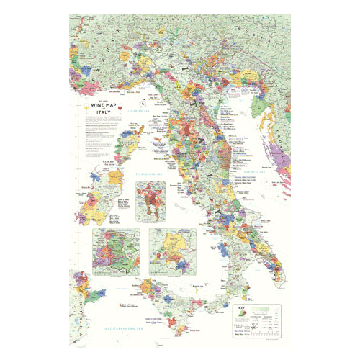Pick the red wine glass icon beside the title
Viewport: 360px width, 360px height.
(117, 109)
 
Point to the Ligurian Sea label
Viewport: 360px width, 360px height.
(135, 112)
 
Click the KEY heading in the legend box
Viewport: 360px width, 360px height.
(243, 309)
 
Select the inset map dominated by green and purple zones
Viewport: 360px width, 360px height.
(116, 253)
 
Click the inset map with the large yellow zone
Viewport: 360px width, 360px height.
(173, 252)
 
